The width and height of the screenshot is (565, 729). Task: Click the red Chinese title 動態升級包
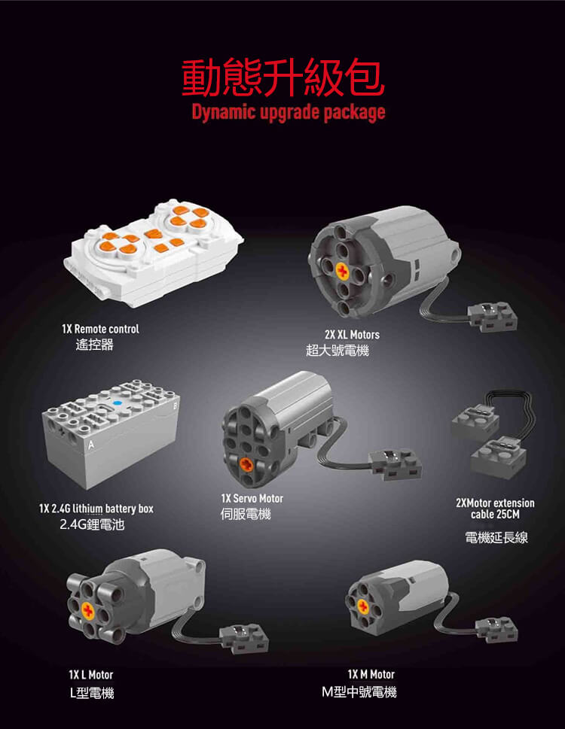(x=283, y=77)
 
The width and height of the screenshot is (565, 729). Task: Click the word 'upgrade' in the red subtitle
(x=289, y=113)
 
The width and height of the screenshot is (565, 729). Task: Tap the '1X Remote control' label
(x=100, y=329)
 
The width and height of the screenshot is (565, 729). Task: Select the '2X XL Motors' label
(x=352, y=334)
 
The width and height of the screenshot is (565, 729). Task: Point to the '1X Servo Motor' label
(x=252, y=498)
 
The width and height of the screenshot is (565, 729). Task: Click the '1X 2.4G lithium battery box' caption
(x=96, y=509)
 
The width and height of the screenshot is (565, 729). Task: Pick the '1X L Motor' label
(x=90, y=675)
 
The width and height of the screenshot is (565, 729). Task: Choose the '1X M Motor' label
(x=371, y=674)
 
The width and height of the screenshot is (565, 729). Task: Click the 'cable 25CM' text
(x=495, y=514)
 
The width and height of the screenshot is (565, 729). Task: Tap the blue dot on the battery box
(x=118, y=403)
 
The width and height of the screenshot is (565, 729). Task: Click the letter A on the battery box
(x=91, y=445)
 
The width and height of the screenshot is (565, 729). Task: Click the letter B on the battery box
(x=175, y=406)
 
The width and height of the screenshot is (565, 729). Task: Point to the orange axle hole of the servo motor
(x=246, y=463)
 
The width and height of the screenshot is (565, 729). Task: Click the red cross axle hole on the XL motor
(x=343, y=271)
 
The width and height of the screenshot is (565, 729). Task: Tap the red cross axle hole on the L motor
(x=87, y=610)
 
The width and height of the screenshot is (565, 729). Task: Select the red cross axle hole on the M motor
(x=363, y=606)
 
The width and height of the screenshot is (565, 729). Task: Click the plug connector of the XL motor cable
(x=493, y=317)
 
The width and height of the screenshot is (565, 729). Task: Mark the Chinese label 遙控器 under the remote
(x=94, y=345)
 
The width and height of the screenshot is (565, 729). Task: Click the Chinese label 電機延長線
(x=496, y=537)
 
